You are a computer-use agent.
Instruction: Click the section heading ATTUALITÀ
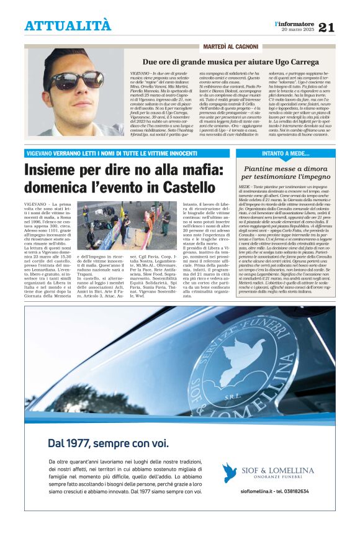pos(68,26)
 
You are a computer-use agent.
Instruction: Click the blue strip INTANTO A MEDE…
pos(287,153)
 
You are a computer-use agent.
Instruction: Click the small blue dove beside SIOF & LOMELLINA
pos(230,473)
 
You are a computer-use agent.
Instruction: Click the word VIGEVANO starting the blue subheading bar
pos(41,153)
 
